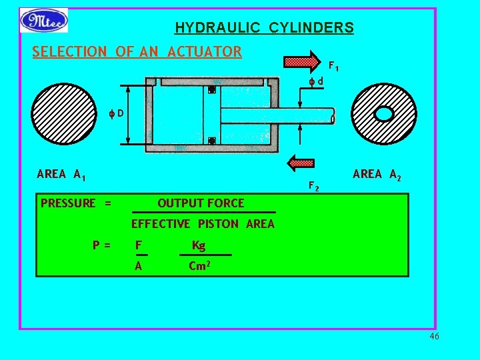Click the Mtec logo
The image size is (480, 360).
pos(44,20)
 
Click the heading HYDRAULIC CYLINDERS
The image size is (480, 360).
pos(264,28)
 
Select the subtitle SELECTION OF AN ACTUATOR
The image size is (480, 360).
pos(137,51)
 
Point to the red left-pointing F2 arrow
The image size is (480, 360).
pos(300,161)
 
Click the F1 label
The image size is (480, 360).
pos(333,67)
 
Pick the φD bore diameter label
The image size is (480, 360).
pos(117,113)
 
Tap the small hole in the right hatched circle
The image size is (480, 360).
pos(384,114)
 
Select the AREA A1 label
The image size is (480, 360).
pos(61,175)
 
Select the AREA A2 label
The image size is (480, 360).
pos(377,175)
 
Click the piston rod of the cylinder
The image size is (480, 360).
pos(277,115)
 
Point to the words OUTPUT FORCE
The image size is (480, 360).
pos(201,203)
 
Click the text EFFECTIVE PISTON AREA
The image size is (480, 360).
pos(203,224)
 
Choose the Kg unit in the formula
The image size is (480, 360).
pos(199,246)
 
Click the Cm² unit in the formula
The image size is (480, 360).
pos(200,266)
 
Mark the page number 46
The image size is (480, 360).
pos(434,337)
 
